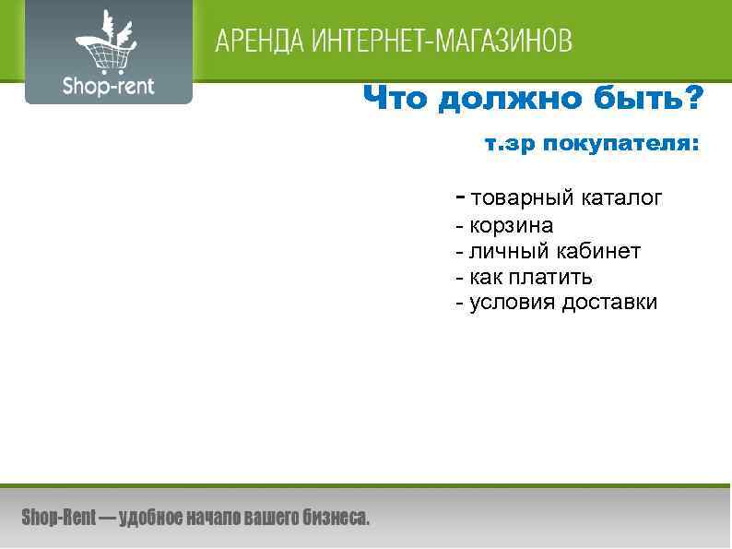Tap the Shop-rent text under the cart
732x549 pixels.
[x=108, y=87]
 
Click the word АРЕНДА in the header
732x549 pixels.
[x=261, y=42]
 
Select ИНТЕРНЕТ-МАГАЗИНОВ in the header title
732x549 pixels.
[x=443, y=42]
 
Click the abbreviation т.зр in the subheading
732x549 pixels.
[x=509, y=146]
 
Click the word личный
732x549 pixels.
[x=508, y=251]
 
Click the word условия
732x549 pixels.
[x=513, y=303]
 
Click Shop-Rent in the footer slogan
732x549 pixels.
[x=58, y=519]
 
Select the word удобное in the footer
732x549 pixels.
[x=152, y=519]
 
